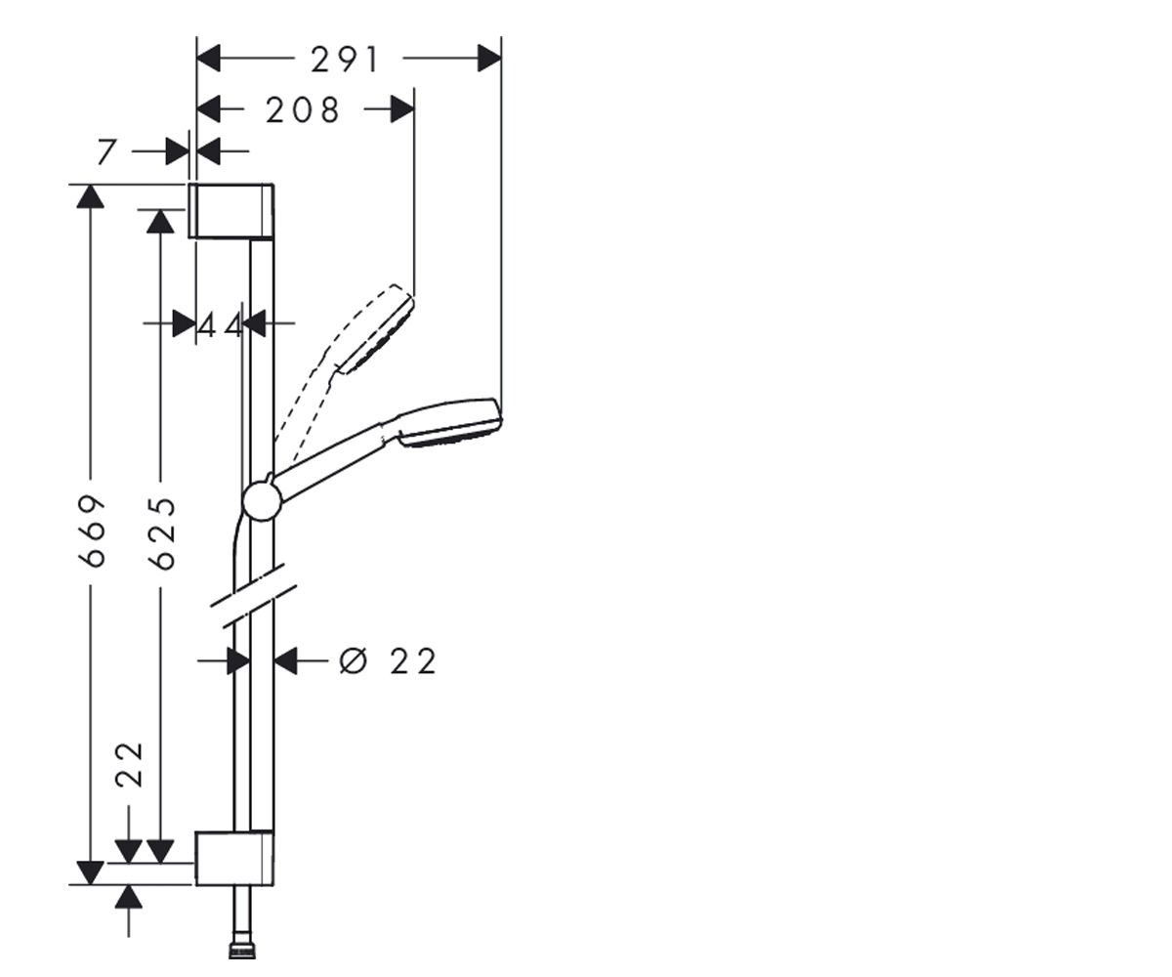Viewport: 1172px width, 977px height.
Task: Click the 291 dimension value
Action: [x=345, y=60]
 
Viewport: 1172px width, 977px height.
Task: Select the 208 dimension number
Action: [x=303, y=110]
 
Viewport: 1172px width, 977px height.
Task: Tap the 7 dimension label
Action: [x=106, y=151]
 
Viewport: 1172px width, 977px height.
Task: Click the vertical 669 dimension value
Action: [x=92, y=531]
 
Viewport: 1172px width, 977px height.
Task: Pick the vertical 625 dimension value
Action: [x=163, y=533]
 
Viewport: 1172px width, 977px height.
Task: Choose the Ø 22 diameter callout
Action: [x=388, y=660]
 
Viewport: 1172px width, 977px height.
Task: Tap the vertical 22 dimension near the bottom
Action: [x=130, y=765]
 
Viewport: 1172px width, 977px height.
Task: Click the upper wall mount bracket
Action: [x=230, y=211]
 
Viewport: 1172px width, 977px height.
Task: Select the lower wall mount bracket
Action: [x=234, y=858]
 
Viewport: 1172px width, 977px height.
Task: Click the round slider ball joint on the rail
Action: [x=261, y=499]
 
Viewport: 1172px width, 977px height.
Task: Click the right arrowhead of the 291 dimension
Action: [x=489, y=59]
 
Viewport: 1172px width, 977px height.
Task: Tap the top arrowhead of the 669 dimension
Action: [x=91, y=196]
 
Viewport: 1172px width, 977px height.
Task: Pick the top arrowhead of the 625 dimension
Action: [x=160, y=221]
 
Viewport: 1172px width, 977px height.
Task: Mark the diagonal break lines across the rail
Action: [x=254, y=595]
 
